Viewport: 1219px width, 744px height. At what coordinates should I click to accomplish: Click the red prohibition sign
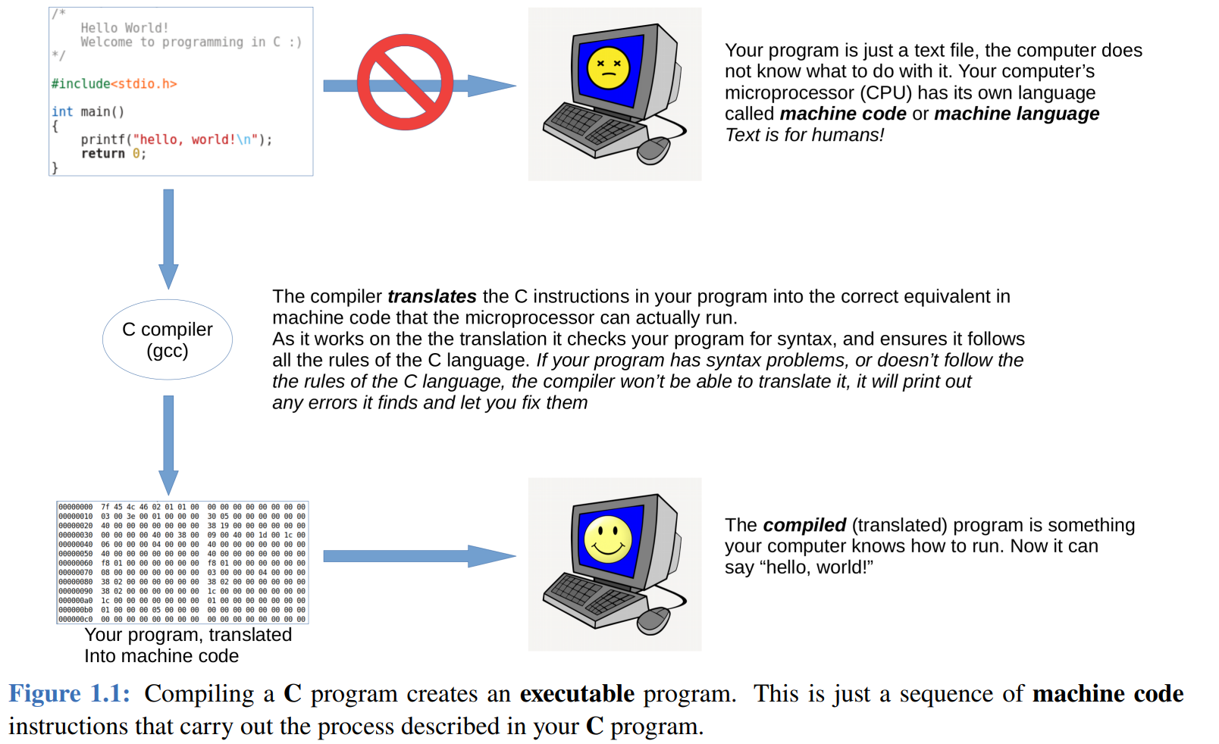click(x=405, y=82)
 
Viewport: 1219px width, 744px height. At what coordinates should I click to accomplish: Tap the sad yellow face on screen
click(x=608, y=67)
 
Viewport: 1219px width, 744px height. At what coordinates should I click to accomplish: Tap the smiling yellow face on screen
click(x=608, y=539)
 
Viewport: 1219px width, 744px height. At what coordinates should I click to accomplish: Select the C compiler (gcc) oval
click(x=168, y=339)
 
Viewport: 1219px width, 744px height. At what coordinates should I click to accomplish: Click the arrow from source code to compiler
click(x=168, y=238)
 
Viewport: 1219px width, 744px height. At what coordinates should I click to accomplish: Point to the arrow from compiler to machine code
click(x=168, y=444)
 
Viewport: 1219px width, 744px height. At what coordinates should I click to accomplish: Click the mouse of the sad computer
click(x=654, y=149)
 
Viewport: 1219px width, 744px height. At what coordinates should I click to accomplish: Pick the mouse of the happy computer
click(x=654, y=620)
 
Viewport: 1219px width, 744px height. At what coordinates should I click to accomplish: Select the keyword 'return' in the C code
click(x=103, y=154)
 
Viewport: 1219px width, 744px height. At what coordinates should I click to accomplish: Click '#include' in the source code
click(x=80, y=84)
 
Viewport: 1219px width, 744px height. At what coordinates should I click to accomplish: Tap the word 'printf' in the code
click(x=103, y=139)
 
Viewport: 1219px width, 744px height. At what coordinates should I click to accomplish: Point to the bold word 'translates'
click(x=431, y=296)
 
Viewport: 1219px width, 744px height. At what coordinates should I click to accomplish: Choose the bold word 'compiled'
click(x=804, y=525)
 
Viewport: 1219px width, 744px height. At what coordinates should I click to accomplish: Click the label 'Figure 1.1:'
click(x=69, y=694)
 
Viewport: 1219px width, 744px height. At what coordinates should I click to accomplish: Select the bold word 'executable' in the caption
click(x=577, y=694)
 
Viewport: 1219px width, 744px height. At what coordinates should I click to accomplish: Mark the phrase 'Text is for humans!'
click(x=804, y=135)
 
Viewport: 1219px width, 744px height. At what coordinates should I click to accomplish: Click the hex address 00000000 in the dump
click(x=75, y=507)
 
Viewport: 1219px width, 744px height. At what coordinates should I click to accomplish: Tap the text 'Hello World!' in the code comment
click(x=124, y=28)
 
